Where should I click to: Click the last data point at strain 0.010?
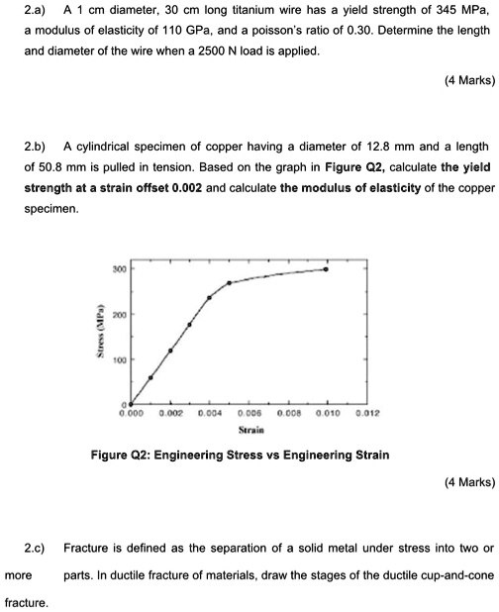coord(327,269)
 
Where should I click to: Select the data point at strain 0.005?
coord(230,283)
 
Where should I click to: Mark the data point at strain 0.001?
coord(150,377)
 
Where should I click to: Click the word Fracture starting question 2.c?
coord(84,548)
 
